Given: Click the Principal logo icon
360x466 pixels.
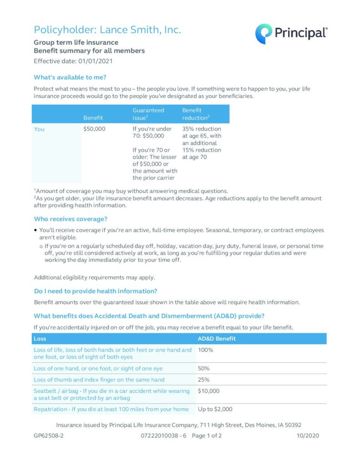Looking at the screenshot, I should tap(264, 34).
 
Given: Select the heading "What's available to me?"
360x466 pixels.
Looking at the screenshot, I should tap(70, 77).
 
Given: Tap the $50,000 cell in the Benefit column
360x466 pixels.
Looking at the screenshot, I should tap(95, 129).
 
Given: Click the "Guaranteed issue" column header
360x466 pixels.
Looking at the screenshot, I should tap(148, 114).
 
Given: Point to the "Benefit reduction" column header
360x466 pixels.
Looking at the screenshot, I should tap(196, 114).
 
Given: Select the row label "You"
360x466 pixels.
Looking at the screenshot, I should tap(40, 129).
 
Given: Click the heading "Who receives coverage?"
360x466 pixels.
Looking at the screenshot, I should tap(71, 219).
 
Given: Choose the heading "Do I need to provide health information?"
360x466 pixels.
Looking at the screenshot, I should tap(96, 291).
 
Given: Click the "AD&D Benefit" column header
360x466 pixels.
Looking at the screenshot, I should tap(217, 339).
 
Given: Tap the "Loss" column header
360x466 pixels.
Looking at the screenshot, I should tap(40, 339).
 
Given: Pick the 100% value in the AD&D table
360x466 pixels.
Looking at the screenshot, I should tap(206, 350).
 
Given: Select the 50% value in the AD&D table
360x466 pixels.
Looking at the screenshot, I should tap(204, 368).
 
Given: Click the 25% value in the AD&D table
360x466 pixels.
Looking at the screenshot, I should tap(204, 380).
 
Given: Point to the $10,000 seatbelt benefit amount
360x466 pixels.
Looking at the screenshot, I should tap(209, 391).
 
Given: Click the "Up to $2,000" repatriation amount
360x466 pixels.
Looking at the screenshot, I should tap(215, 409).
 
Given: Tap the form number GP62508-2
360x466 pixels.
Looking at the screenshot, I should tap(49, 436).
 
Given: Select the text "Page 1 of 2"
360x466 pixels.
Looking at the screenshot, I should tap(207, 436).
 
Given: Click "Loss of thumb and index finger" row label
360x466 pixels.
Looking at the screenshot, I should tap(99, 380).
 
